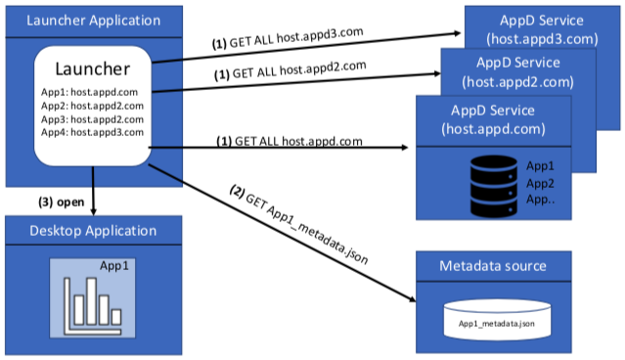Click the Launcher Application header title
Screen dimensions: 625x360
(x=93, y=21)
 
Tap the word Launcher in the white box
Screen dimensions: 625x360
(x=93, y=69)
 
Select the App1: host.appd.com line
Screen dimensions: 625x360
(x=89, y=92)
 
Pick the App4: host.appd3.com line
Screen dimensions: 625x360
(x=92, y=132)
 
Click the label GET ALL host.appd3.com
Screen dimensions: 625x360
(x=288, y=38)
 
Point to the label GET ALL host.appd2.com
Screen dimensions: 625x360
(x=290, y=70)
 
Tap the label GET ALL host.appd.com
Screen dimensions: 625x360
(x=290, y=141)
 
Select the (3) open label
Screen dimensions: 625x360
(x=61, y=202)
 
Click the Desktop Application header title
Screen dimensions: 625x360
(x=93, y=231)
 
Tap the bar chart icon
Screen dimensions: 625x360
(x=93, y=306)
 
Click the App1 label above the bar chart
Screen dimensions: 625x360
(x=114, y=266)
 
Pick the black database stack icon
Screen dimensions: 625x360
(x=494, y=186)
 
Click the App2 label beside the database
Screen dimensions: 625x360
(x=540, y=183)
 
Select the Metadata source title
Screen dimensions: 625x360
(x=493, y=266)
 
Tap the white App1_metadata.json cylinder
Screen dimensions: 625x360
(x=497, y=320)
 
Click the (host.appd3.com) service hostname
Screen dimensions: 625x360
(x=542, y=39)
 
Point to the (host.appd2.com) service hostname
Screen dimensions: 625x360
(x=517, y=82)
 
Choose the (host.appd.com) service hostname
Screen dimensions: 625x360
(x=493, y=129)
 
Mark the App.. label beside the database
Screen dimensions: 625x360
(x=541, y=200)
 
